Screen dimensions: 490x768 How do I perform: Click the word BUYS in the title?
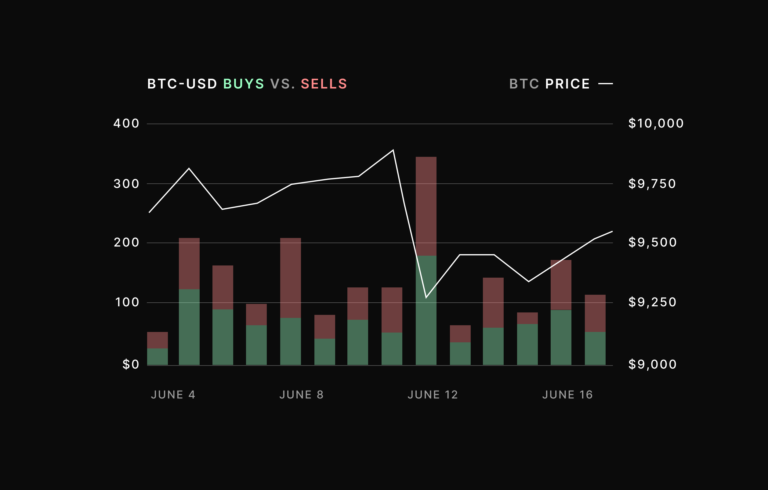coord(244,84)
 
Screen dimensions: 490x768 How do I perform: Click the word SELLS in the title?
coord(324,84)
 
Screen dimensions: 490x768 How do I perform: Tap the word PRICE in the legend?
coord(567,84)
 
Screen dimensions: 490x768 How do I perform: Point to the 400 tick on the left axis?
coord(126,124)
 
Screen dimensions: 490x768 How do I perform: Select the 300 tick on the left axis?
coord(126,184)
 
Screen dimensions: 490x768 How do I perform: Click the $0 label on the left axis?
coord(131,364)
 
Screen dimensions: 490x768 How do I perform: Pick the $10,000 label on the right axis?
coord(656,124)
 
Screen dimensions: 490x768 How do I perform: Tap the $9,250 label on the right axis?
coord(652,302)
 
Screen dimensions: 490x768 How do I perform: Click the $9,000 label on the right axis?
coord(652,364)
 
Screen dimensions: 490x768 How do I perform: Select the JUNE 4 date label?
coord(173,395)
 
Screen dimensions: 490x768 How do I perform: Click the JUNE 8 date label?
coord(302,395)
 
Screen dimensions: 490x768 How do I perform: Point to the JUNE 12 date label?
coord(433,395)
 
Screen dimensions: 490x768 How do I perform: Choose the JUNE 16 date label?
coord(567,395)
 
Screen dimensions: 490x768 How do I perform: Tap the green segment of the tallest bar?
coord(426,319)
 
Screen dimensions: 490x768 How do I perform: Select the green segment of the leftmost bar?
coord(157,357)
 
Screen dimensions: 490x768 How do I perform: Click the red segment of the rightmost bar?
coord(595,313)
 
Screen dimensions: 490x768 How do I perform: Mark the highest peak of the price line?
coord(393,150)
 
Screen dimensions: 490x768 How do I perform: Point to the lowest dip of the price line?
coord(426,297)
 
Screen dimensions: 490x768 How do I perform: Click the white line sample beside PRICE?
coord(605,84)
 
